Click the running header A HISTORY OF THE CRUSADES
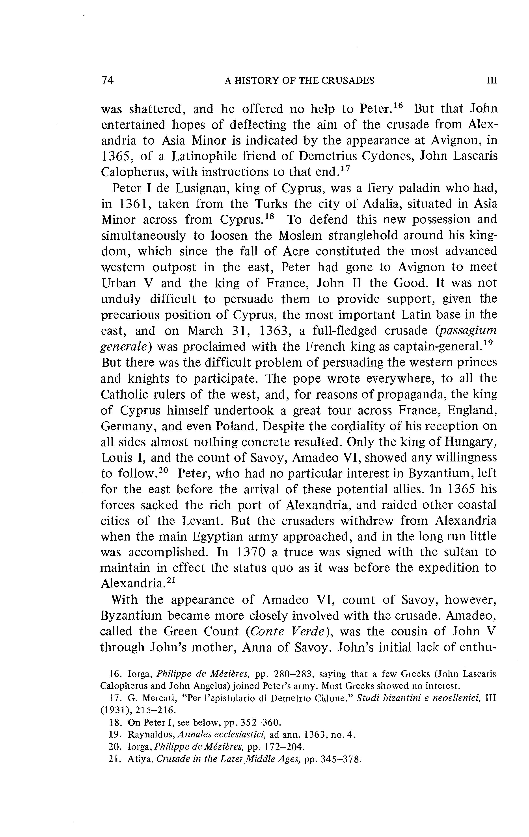coord(299,81)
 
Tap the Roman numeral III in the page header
coord(492,81)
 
